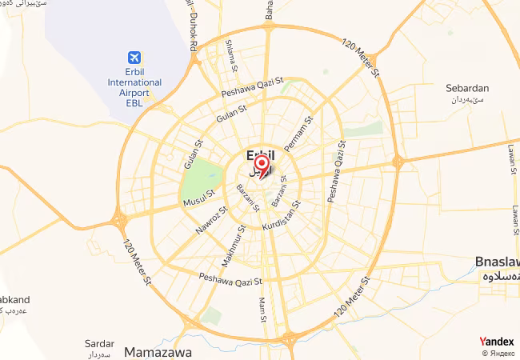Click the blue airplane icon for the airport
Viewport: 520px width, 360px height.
134,58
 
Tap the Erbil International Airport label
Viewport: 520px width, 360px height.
134,82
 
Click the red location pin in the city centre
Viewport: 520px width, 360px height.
260,163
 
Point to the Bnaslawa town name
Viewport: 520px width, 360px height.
497,262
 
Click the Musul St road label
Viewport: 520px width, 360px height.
200,198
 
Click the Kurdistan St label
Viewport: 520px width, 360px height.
281,214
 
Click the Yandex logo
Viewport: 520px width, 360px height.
496,341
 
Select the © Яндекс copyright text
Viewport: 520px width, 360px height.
498,353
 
